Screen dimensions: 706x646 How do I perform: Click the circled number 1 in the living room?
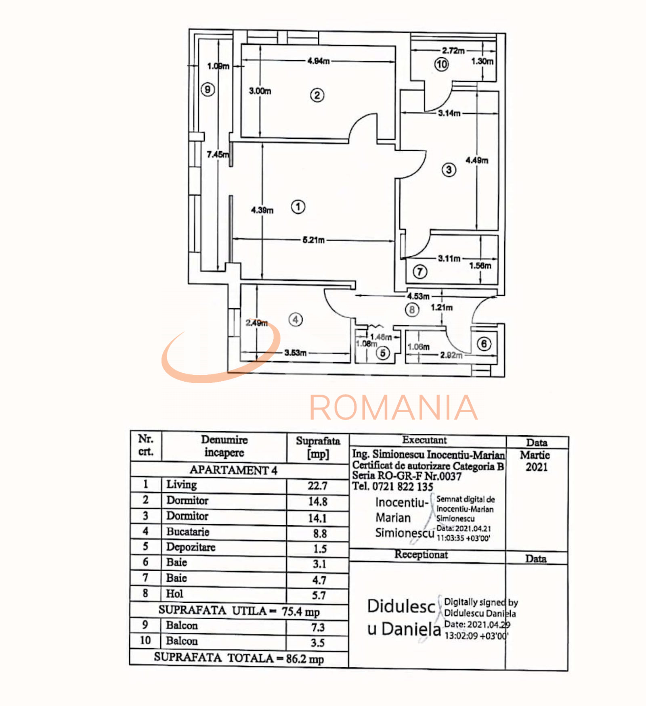(298, 207)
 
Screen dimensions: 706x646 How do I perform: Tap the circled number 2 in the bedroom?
(317, 95)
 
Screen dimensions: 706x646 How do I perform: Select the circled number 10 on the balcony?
(441, 64)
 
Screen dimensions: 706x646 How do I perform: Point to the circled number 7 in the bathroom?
(420, 272)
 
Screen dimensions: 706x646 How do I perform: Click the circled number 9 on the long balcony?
(208, 89)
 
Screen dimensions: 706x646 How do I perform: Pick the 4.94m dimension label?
(318, 61)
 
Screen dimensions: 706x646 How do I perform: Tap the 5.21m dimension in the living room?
(314, 240)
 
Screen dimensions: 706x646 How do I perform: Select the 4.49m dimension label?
(477, 160)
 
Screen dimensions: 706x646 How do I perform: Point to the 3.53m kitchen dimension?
(295, 353)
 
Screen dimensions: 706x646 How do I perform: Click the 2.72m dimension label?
(453, 50)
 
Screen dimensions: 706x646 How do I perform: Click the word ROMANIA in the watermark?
(393, 407)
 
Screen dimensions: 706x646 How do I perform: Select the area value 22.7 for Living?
(317, 486)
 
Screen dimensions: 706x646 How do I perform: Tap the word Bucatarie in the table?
(188, 532)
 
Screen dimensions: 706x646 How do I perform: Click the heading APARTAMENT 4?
(233, 470)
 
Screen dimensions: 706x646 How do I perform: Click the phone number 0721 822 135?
(403, 487)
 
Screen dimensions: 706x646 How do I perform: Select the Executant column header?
(424, 440)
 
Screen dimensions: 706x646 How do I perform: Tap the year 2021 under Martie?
(536, 467)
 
